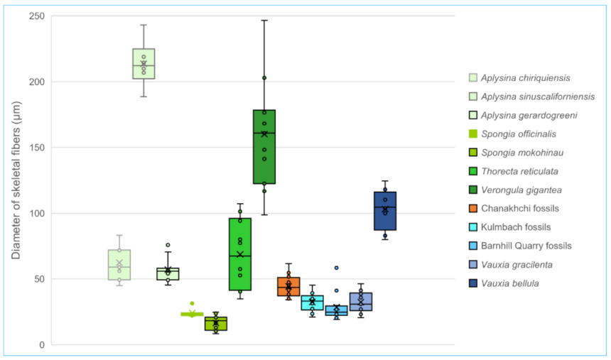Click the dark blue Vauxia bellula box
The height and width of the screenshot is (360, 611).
(385, 211)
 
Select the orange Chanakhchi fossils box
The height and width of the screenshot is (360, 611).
(288, 287)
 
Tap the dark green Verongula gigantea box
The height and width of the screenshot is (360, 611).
(264, 147)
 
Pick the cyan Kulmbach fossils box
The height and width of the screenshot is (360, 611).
(312, 303)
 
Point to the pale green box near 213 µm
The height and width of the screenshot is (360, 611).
(144, 64)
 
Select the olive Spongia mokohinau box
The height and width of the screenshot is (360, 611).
(216, 324)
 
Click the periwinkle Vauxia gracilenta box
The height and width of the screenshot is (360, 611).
(361, 302)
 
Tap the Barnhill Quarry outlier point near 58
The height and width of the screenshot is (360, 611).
(337, 268)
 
